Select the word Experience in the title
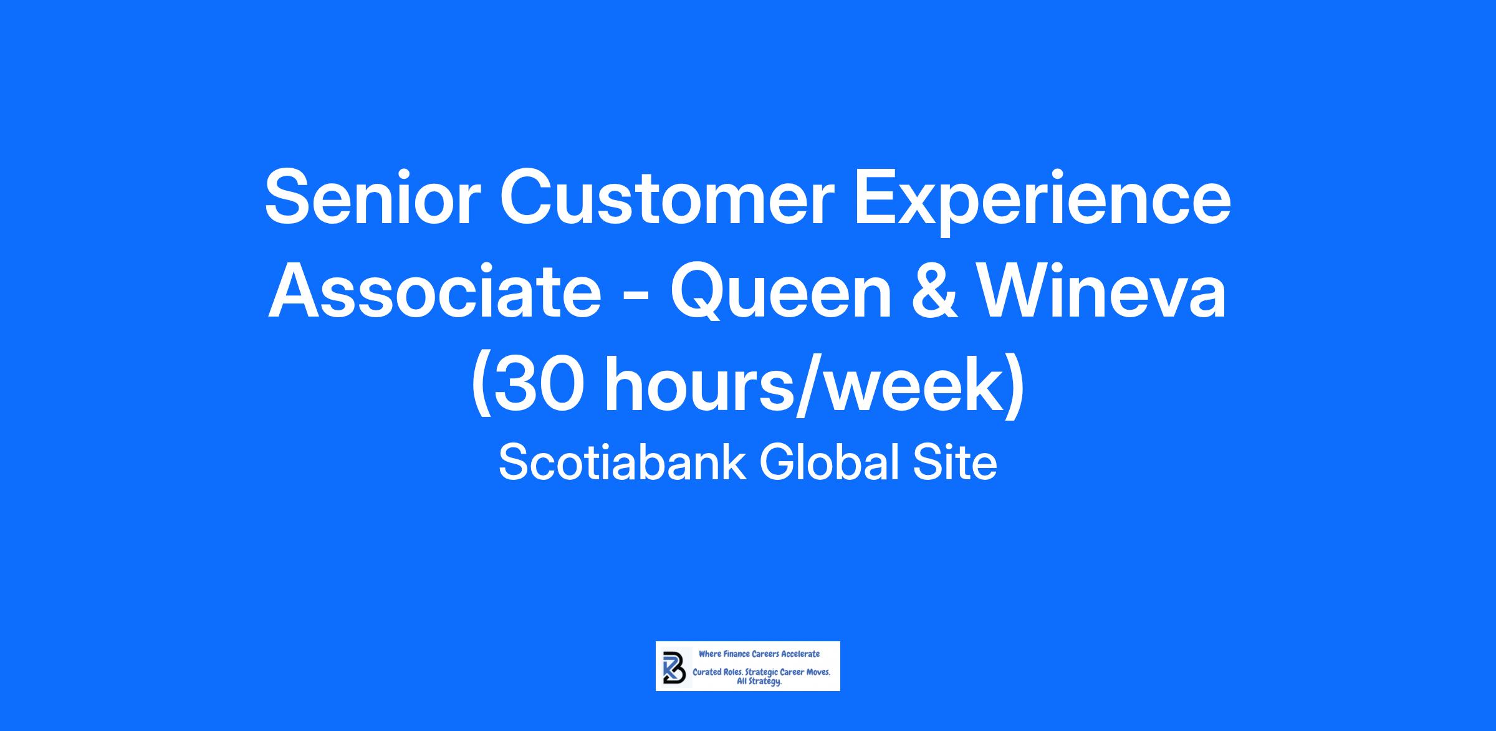tap(1042, 206)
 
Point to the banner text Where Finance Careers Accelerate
tap(759, 654)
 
